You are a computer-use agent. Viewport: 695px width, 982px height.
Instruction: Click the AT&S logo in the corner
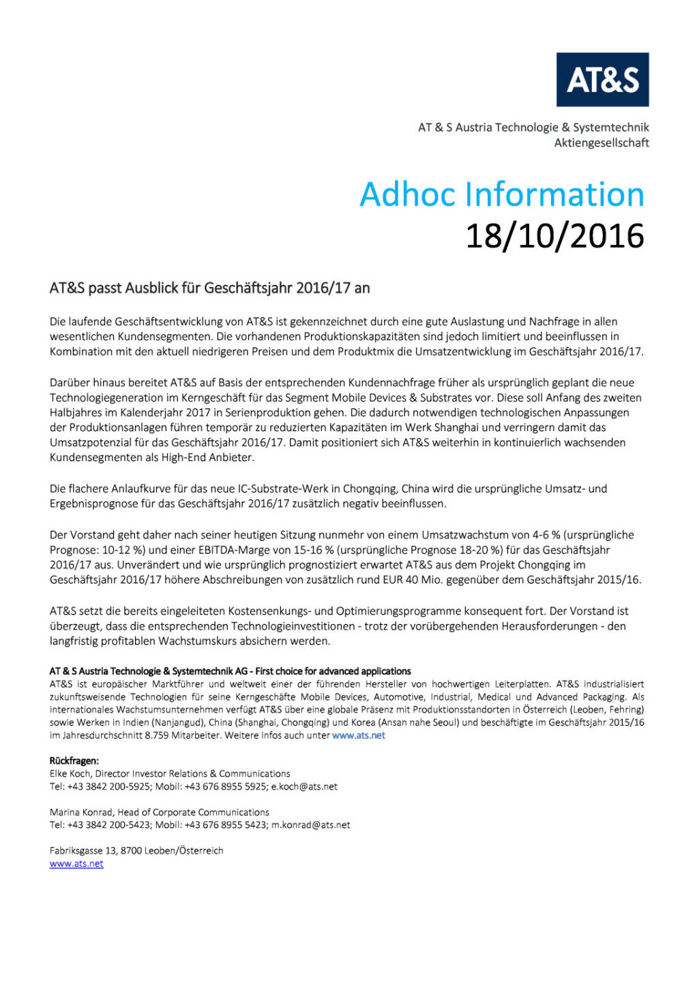[602, 80]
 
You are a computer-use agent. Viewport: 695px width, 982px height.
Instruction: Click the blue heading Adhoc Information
[501, 194]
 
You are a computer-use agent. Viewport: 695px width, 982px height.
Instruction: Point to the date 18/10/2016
[554, 236]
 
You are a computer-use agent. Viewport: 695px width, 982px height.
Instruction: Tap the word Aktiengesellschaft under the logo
[601, 143]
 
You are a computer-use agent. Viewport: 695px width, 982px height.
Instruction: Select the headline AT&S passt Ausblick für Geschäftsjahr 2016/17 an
[209, 288]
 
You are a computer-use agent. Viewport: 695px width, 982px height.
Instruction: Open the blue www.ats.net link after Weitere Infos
[358, 736]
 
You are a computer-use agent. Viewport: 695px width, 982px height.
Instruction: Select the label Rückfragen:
[74, 761]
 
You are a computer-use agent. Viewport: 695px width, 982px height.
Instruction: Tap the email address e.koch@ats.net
[304, 787]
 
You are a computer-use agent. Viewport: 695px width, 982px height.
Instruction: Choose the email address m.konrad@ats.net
[310, 825]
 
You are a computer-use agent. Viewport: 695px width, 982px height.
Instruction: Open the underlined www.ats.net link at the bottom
[76, 864]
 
